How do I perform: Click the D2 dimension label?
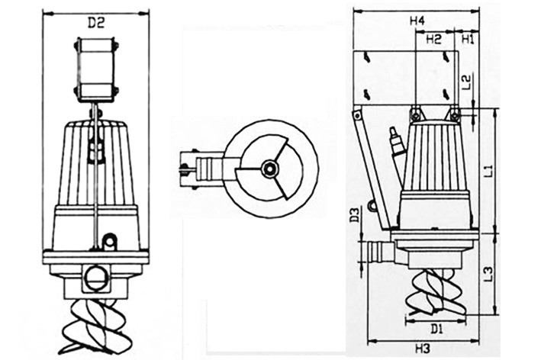click(x=95, y=23)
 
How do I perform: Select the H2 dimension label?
click(x=433, y=38)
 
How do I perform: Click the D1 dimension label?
click(x=436, y=329)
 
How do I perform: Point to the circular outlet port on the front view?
click(x=97, y=277)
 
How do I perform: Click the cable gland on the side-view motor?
click(x=395, y=142)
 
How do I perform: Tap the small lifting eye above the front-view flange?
click(x=110, y=241)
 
